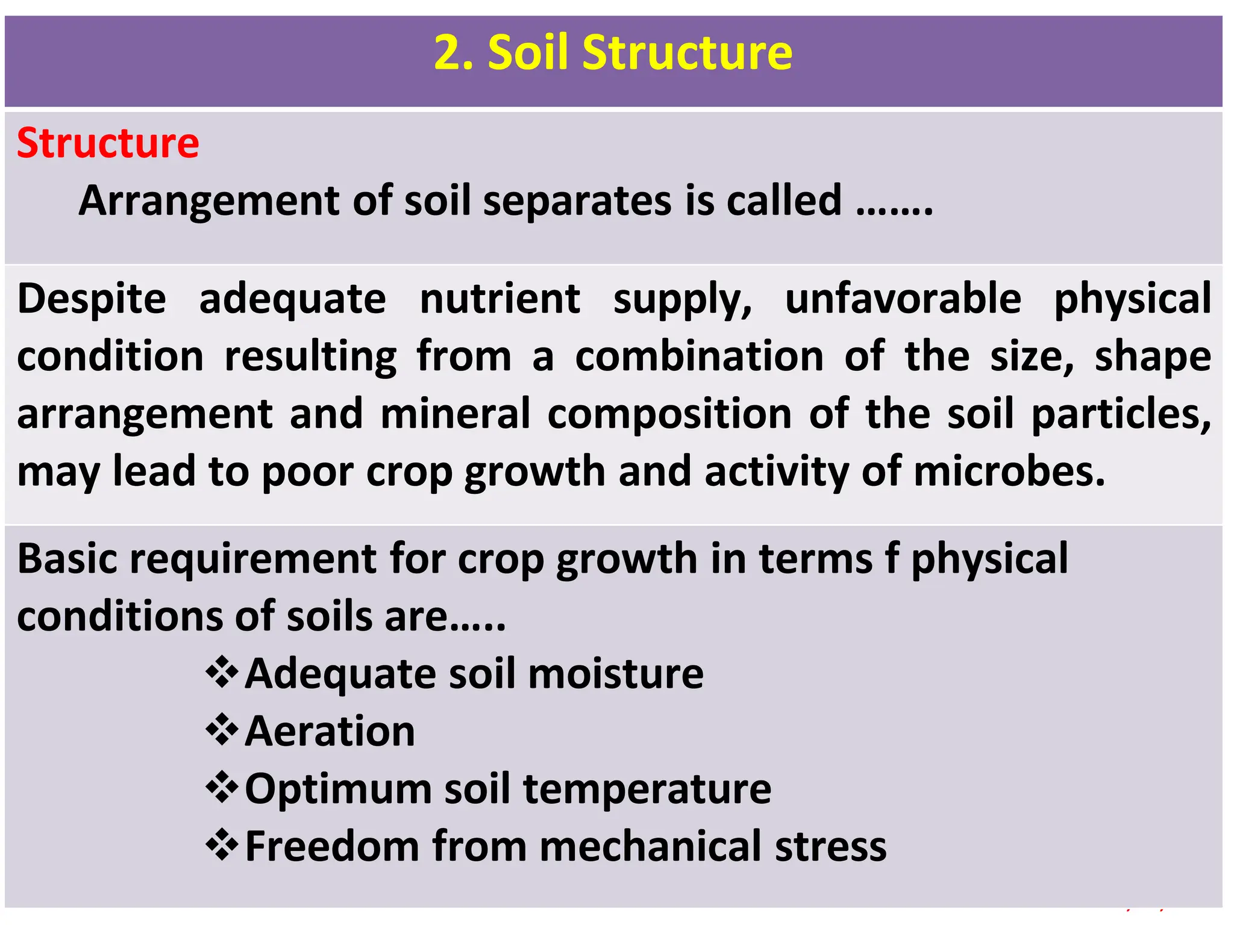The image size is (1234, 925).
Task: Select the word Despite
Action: [x=92, y=299]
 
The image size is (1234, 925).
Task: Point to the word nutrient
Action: [x=500, y=299]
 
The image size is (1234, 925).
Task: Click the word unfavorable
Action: [x=903, y=299]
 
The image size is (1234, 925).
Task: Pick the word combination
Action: [x=700, y=357]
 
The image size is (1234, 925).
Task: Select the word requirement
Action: [x=253, y=558]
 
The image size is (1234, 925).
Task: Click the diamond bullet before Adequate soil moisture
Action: [x=222, y=672]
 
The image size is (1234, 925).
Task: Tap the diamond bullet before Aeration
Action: [x=222, y=730]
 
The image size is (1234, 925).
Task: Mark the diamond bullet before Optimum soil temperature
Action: [x=222, y=787]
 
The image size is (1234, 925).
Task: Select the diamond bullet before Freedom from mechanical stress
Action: [x=222, y=845]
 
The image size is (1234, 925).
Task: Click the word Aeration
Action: [x=330, y=731]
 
